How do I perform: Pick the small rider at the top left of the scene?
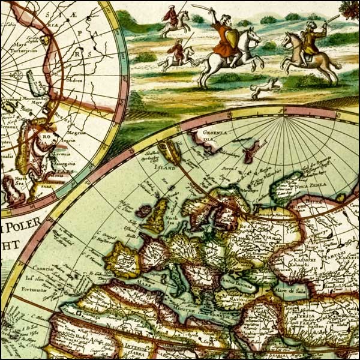[173, 19]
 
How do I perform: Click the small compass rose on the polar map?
[17, 76]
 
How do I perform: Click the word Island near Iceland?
[166, 169]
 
